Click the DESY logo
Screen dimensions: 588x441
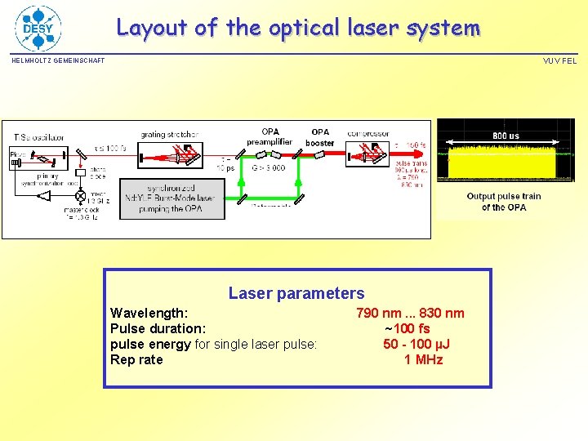pyautogui.click(x=38, y=28)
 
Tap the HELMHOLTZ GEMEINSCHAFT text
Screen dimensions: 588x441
pyautogui.click(x=58, y=61)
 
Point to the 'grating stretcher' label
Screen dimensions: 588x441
pyautogui.click(x=170, y=134)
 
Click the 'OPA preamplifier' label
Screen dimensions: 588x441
pyautogui.click(x=270, y=136)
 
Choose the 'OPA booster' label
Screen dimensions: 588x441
pyautogui.click(x=320, y=137)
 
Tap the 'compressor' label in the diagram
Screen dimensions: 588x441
pyautogui.click(x=367, y=134)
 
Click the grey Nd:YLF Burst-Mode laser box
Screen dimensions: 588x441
pyautogui.click(x=172, y=198)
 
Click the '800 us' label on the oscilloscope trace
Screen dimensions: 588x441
pyautogui.click(x=506, y=136)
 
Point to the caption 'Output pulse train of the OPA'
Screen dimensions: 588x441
pyautogui.click(x=504, y=202)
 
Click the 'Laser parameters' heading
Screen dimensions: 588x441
pyautogui.click(x=296, y=293)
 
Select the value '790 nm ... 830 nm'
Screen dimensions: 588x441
pyautogui.click(x=410, y=313)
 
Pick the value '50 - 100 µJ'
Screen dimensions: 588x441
pyautogui.click(x=416, y=344)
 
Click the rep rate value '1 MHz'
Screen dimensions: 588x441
pyautogui.click(x=423, y=359)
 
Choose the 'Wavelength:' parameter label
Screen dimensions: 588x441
pyautogui.click(x=149, y=313)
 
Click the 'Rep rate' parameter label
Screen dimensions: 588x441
pyautogui.click(x=136, y=359)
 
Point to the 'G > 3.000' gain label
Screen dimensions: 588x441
pyautogui.click(x=268, y=167)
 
